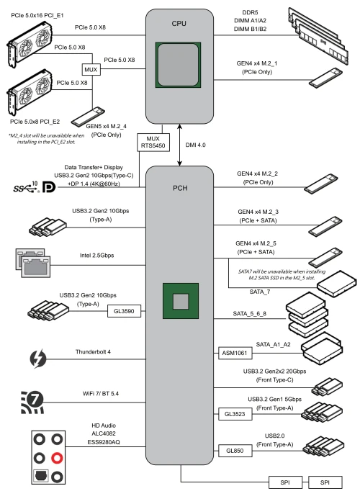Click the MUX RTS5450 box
point(153,142)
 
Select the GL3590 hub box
point(124,311)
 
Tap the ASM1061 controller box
point(235,353)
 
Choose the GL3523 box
point(235,414)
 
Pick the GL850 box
point(235,451)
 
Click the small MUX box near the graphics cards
point(91,69)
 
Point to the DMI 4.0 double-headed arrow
point(180,145)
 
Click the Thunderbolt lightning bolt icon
point(38,359)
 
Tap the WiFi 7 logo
point(32,402)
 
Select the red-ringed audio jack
point(57,458)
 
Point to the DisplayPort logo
point(49,187)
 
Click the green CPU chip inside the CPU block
point(179,65)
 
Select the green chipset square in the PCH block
point(181,301)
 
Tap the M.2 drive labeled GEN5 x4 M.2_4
point(88,117)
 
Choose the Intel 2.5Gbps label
point(96,255)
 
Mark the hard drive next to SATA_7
point(336,284)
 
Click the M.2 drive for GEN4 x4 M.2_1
point(325,77)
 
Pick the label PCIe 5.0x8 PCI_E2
point(35,122)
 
